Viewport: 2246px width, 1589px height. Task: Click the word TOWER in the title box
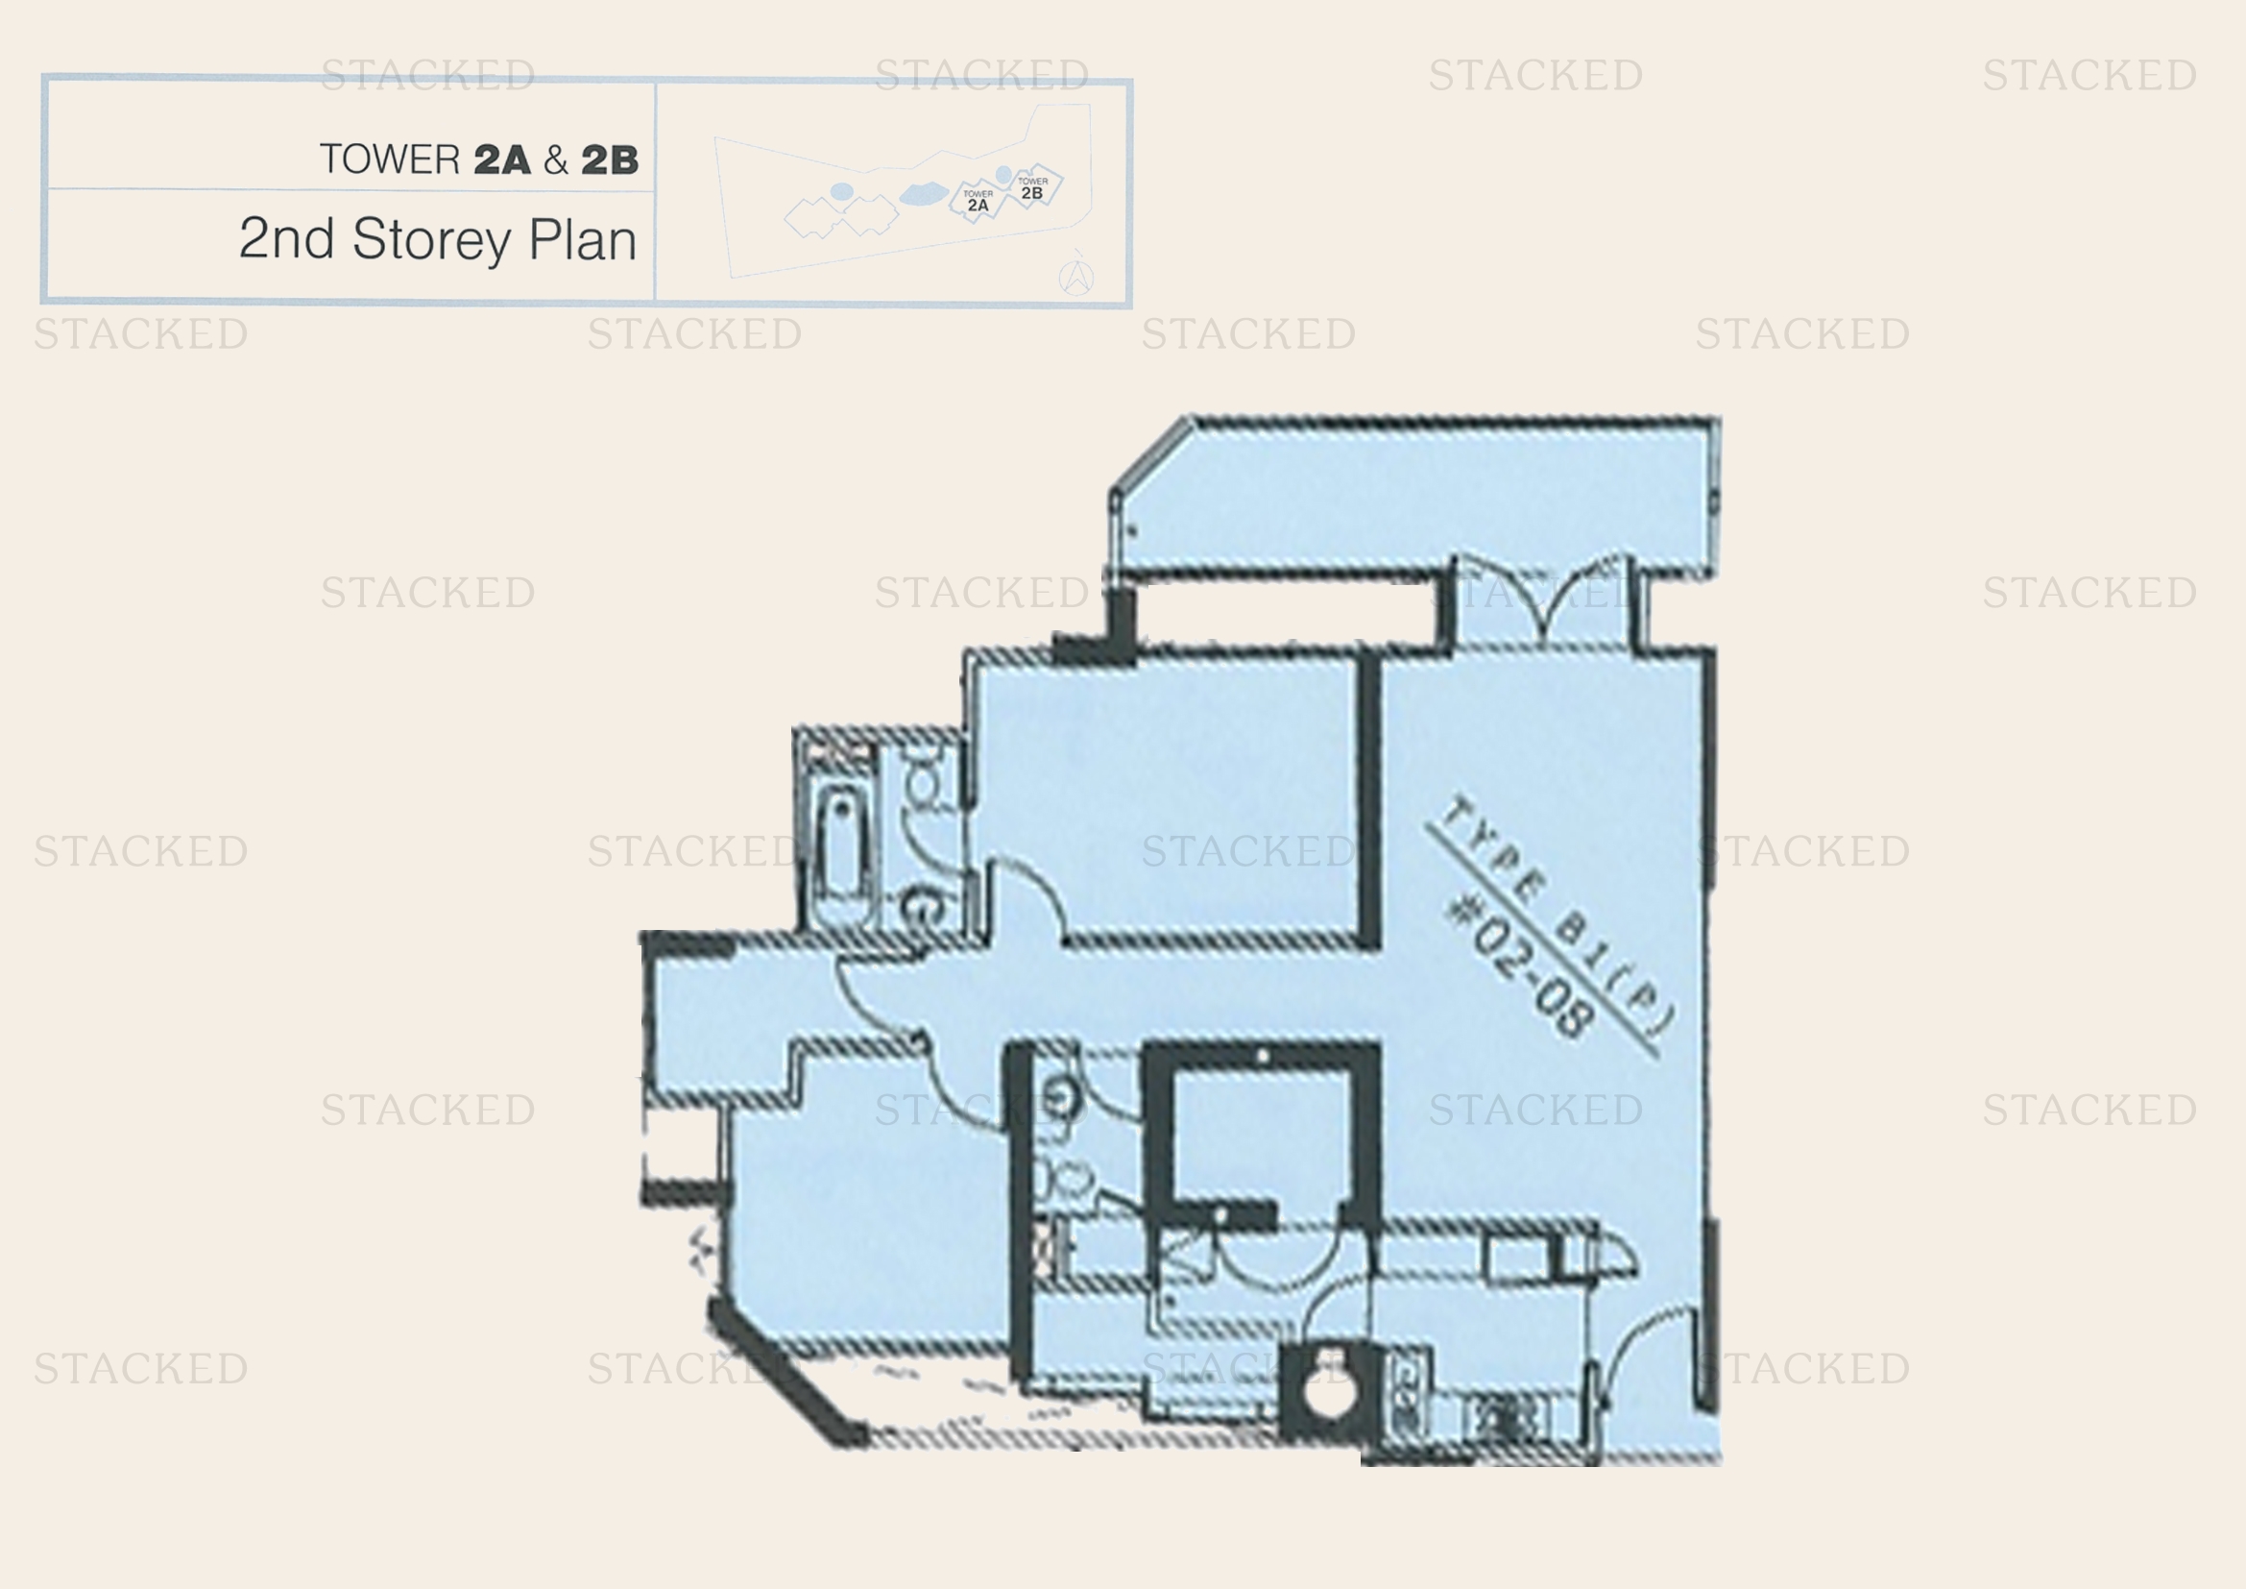tap(389, 159)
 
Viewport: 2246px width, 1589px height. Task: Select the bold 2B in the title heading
tap(610, 160)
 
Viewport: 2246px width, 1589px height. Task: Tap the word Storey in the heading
tap(431, 240)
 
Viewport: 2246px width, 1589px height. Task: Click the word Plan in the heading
tap(582, 240)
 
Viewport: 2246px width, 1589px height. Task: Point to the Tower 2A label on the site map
tap(978, 202)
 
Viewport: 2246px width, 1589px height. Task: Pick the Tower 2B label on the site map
tap(1032, 189)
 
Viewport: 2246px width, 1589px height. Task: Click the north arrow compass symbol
tap(1076, 277)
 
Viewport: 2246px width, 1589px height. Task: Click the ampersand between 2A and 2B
tap(556, 160)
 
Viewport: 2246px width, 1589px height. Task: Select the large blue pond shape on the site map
tap(922, 194)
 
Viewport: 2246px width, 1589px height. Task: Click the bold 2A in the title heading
tap(502, 160)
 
